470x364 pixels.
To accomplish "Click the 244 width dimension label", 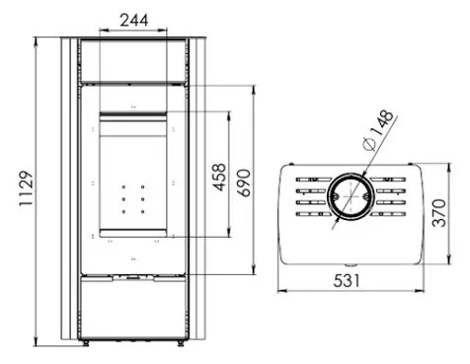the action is (134, 21).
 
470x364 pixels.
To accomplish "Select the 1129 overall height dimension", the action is (26, 188).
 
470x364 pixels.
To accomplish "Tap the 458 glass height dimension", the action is (219, 178).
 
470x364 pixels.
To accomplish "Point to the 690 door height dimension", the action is (244, 182).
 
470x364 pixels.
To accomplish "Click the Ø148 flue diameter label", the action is (377, 129).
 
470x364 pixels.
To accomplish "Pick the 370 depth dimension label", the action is (439, 213).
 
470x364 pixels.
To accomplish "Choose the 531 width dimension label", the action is (347, 281).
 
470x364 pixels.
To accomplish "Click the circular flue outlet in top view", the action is (351, 196).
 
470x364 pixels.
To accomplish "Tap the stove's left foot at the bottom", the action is (85, 342).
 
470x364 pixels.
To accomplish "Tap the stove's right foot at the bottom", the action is (181, 342).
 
